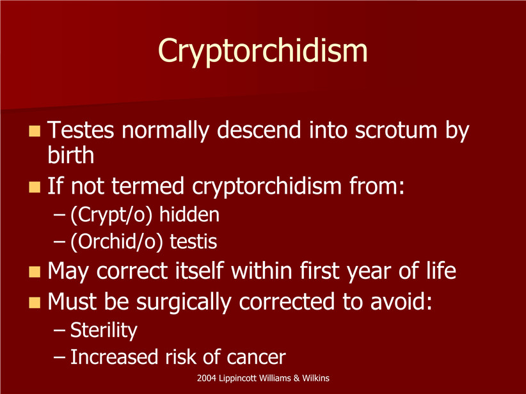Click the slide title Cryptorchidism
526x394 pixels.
click(x=262, y=51)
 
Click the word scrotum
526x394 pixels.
click(x=396, y=130)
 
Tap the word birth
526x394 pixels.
click(x=71, y=155)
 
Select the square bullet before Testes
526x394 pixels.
click(x=35, y=131)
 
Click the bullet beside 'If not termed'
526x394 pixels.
click(x=35, y=187)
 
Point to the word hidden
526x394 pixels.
click(x=189, y=215)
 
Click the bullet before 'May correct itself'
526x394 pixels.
click(x=35, y=272)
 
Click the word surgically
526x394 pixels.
click(x=184, y=302)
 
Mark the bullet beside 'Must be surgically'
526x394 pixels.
click(x=35, y=303)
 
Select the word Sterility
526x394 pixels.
click(x=104, y=331)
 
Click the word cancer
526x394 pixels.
click(x=256, y=358)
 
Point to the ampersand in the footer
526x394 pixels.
click(x=296, y=378)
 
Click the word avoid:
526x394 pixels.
click(x=401, y=301)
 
